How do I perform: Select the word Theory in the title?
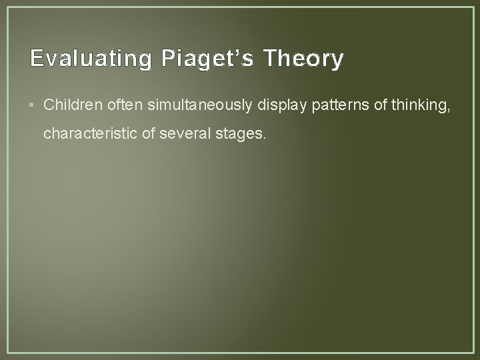click(x=303, y=59)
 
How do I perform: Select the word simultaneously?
click(x=176, y=105)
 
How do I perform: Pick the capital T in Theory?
click(x=269, y=59)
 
